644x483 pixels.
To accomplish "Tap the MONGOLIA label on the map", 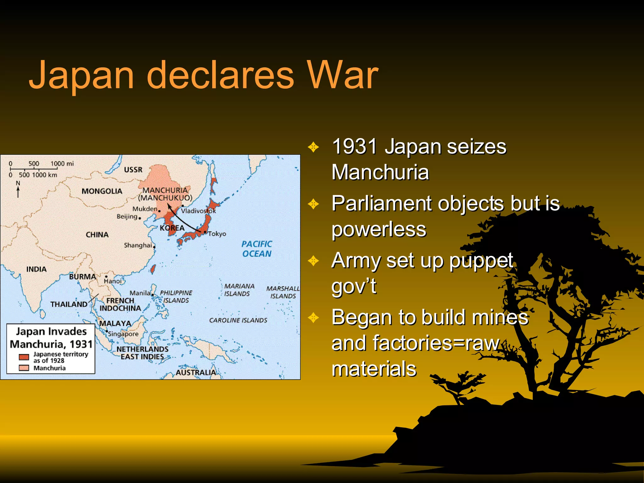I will (102, 191).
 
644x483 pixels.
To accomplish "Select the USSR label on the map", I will (133, 170).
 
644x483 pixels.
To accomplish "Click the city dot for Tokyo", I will (205, 232).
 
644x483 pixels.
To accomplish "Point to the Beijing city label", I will (127, 216).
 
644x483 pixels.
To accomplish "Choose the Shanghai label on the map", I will (138, 245).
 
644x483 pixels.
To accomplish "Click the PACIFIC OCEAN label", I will (257, 249).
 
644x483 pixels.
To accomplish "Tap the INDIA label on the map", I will (36, 269).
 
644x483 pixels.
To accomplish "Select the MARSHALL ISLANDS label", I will (283, 292).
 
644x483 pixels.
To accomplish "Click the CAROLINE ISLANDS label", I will (238, 320).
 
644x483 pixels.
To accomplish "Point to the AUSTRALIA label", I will (196, 372).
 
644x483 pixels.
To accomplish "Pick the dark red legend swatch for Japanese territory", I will (24, 357).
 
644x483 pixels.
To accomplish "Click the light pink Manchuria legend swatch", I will (24, 368).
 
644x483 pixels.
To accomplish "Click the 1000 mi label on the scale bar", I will (62, 164).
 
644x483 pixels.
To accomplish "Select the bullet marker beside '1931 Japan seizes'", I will (314, 147).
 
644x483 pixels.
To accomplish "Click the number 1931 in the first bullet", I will (354, 147).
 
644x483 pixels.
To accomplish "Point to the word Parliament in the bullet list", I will (381, 203).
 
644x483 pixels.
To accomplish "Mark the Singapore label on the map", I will (123, 334).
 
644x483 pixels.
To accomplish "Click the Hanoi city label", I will (113, 281).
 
